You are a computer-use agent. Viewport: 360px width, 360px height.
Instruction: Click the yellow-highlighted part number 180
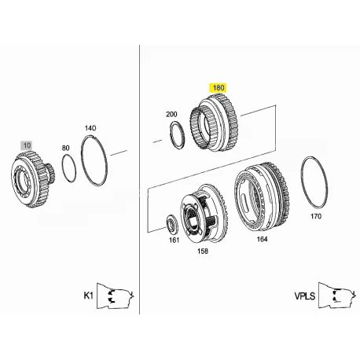218,88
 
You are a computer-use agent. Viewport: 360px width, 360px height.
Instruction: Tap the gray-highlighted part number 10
27,145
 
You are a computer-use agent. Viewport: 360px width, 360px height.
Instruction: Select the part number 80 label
65,148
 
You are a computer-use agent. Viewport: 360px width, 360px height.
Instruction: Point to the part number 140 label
90,128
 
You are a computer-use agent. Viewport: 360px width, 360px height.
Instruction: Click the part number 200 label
171,114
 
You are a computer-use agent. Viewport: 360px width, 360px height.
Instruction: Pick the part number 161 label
174,240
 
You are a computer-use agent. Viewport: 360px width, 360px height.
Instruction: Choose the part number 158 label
203,252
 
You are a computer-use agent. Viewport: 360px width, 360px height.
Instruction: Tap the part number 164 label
262,239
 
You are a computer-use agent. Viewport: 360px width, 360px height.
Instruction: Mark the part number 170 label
316,216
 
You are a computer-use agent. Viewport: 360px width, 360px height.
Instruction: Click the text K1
88,296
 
